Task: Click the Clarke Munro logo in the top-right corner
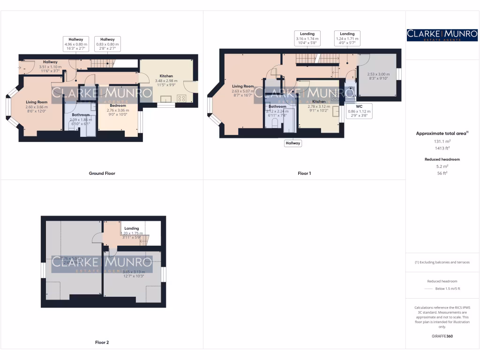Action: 442,35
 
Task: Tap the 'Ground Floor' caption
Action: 102,173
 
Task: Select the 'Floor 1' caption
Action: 304,173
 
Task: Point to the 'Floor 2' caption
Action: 102,343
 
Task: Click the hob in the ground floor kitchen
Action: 181,98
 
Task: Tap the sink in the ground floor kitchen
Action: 165,98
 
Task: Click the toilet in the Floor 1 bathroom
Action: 275,122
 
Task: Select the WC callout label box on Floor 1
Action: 359,111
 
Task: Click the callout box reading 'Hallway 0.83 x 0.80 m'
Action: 107,44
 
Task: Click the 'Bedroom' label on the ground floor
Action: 119,105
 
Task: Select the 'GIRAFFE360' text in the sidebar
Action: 442,336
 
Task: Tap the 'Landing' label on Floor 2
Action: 132,228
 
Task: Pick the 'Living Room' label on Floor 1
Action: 243,86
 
